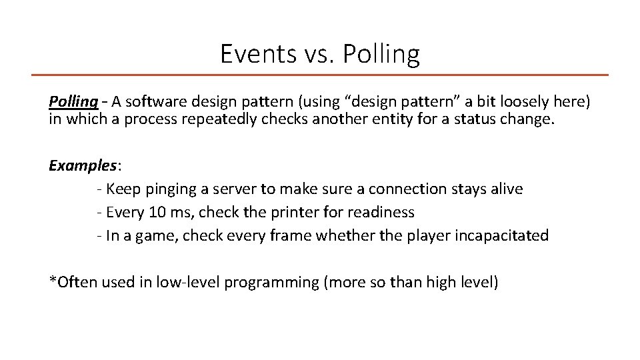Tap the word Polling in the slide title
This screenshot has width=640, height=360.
381,54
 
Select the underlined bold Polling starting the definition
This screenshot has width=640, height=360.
73,102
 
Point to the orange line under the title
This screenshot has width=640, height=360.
320,75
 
